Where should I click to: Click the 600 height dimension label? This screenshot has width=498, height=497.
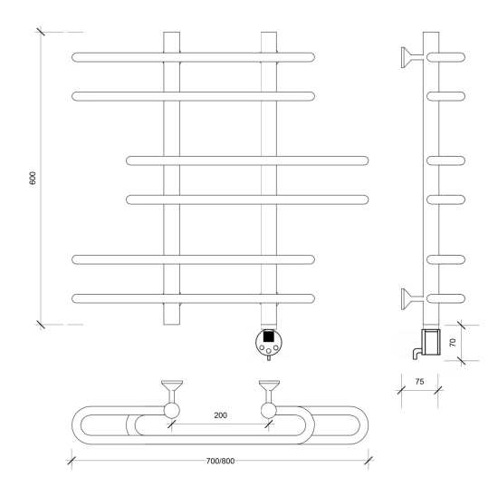tap(33, 178)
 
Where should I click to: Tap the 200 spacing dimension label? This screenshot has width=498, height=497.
tap(220, 415)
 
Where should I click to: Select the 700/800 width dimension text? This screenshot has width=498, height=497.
tap(220, 461)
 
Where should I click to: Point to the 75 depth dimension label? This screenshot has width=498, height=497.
tap(419, 382)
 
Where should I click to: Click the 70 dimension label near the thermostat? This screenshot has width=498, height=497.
tap(453, 343)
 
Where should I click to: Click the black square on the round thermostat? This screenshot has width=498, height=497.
tap(269, 336)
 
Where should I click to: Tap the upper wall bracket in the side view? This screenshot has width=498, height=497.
tap(412, 58)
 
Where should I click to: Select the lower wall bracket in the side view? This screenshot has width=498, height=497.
tap(412, 298)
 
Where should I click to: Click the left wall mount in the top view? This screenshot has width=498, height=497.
tap(172, 399)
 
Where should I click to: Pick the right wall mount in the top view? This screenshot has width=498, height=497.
tap(269, 399)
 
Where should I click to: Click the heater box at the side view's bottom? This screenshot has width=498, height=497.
tap(431, 342)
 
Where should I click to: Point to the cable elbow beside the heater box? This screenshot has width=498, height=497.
tap(417, 354)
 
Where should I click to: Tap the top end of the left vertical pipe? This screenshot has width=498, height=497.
tap(171, 32)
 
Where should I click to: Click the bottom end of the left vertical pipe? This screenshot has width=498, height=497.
tap(171, 324)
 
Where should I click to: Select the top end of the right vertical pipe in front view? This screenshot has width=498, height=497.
tap(269, 32)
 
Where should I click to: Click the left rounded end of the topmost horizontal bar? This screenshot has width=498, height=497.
tap(73, 57)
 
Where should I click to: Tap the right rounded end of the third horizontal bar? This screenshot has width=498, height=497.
tap(367, 161)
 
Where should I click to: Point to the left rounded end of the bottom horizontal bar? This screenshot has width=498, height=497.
tap(73, 298)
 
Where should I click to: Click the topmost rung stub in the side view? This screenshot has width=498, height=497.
tap(445, 57)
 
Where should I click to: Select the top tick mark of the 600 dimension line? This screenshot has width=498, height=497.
tap(41, 32)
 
